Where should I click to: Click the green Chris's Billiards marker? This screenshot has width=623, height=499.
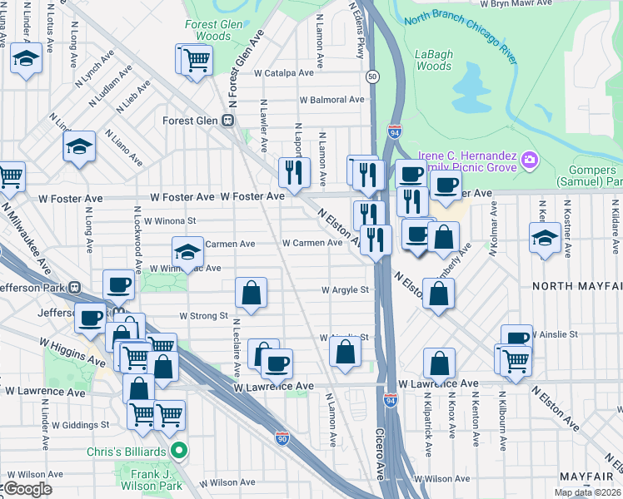[177, 452]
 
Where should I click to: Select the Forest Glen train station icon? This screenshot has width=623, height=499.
[227, 121]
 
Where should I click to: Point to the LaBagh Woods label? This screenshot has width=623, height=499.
[434, 60]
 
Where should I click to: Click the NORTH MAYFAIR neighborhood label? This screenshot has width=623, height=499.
[577, 286]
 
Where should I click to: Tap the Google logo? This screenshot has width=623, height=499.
[28, 489]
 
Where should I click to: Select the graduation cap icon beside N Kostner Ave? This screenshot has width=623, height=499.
[545, 236]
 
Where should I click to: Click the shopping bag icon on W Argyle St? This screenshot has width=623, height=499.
[251, 292]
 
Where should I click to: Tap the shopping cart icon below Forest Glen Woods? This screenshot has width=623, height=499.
[197, 59]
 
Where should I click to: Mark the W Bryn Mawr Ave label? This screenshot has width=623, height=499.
[517, 3]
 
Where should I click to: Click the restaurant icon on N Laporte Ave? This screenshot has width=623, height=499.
[293, 172]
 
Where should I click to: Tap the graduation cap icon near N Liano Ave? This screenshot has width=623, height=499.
[80, 146]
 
